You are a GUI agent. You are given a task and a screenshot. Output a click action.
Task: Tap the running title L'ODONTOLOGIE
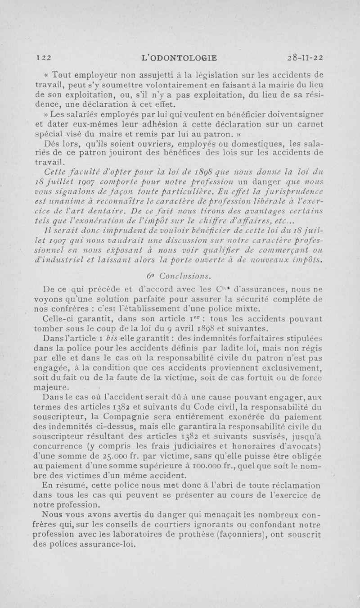click(x=179, y=57)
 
